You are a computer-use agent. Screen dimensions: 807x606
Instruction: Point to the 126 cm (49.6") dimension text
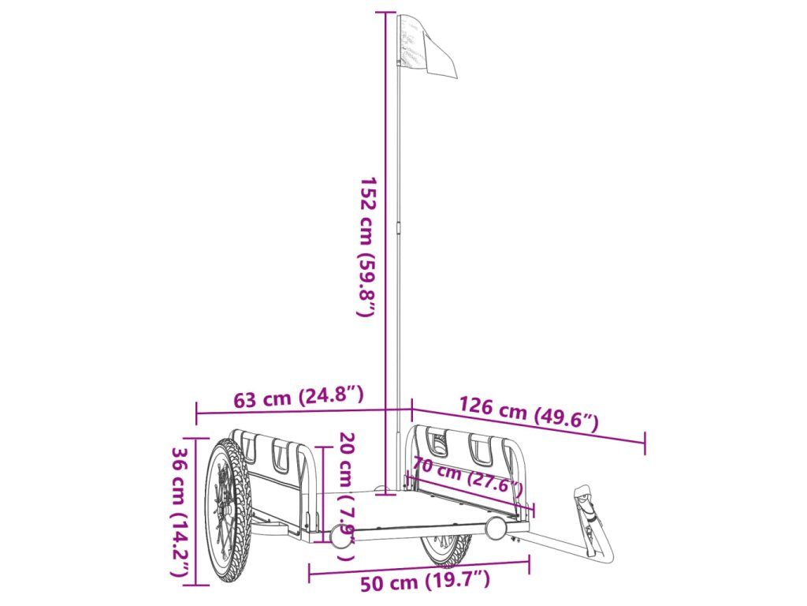pos(529,415)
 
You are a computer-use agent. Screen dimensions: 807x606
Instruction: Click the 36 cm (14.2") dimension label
pos(180,512)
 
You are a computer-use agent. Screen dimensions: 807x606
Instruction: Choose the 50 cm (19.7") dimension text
pos(425,583)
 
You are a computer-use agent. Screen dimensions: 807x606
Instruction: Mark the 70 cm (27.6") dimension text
pos(467,474)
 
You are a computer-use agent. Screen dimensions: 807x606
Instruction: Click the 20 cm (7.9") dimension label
pos(347,496)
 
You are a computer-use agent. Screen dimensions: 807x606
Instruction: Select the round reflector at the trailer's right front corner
pos(496,527)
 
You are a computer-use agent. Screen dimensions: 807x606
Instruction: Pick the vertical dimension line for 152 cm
pos(385,252)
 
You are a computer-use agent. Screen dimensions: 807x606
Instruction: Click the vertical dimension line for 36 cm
pos(196,512)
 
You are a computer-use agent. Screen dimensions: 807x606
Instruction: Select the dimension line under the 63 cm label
pos(303,411)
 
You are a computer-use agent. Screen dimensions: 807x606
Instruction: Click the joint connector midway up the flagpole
pos(400,227)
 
